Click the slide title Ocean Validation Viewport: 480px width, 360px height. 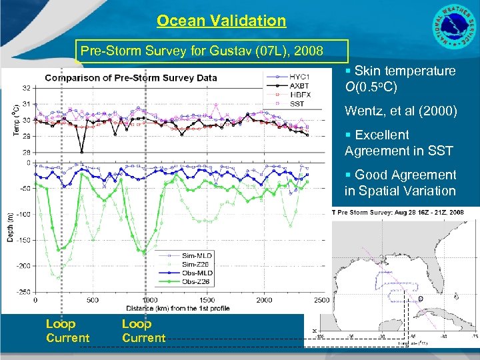(x=221, y=21)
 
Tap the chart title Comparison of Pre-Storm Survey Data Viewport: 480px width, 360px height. (x=131, y=77)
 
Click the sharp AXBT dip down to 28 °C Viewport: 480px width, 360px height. (x=81, y=151)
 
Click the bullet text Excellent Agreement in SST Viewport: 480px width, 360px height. (x=398, y=143)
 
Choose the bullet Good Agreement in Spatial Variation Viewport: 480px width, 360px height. (x=400, y=183)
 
